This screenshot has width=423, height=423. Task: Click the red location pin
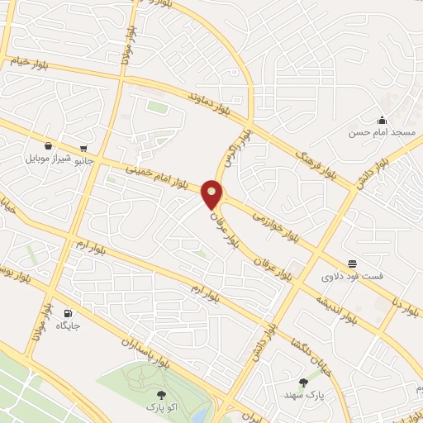[x=213, y=195]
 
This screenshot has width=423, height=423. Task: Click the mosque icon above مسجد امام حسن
[x=383, y=121]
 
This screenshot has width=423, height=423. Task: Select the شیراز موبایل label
[x=47, y=158]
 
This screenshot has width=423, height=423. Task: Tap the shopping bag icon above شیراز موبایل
[x=48, y=145]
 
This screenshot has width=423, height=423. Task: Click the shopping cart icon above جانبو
[x=83, y=150]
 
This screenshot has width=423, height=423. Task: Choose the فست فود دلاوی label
[x=352, y=276]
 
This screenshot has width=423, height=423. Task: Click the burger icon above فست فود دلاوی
[x=352, y=264]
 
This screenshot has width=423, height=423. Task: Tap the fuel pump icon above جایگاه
[x=68, y=314]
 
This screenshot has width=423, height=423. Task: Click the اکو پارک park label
[x=160, y=407]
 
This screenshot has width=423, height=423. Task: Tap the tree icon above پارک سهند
[x=303, y=383]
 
